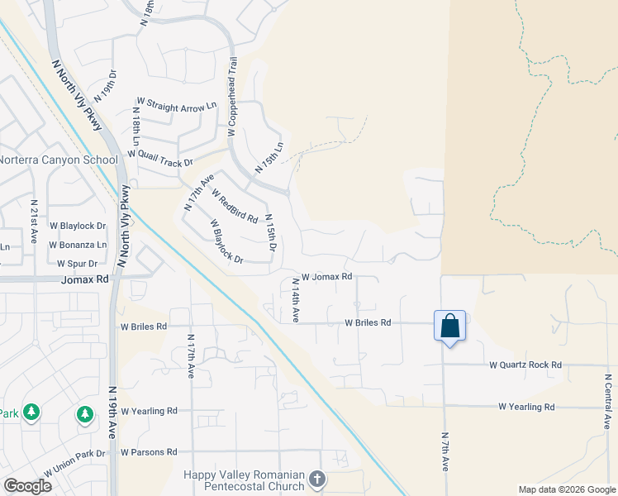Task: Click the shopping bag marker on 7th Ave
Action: pos(449,326)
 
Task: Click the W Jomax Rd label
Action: pos(327,277)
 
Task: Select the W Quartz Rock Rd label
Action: pos(525,365)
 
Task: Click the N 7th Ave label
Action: pos(445,451)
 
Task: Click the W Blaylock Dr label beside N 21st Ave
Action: pos(78,225)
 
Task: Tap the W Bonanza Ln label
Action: pos(78,245)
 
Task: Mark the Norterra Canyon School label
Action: pos(53,160)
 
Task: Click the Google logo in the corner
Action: pos(27,486)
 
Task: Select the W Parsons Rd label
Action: pos(149,452)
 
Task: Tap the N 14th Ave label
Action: pos(295,300)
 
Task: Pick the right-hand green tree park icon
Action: pos(85,413)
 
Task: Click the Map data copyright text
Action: pos(565,489)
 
